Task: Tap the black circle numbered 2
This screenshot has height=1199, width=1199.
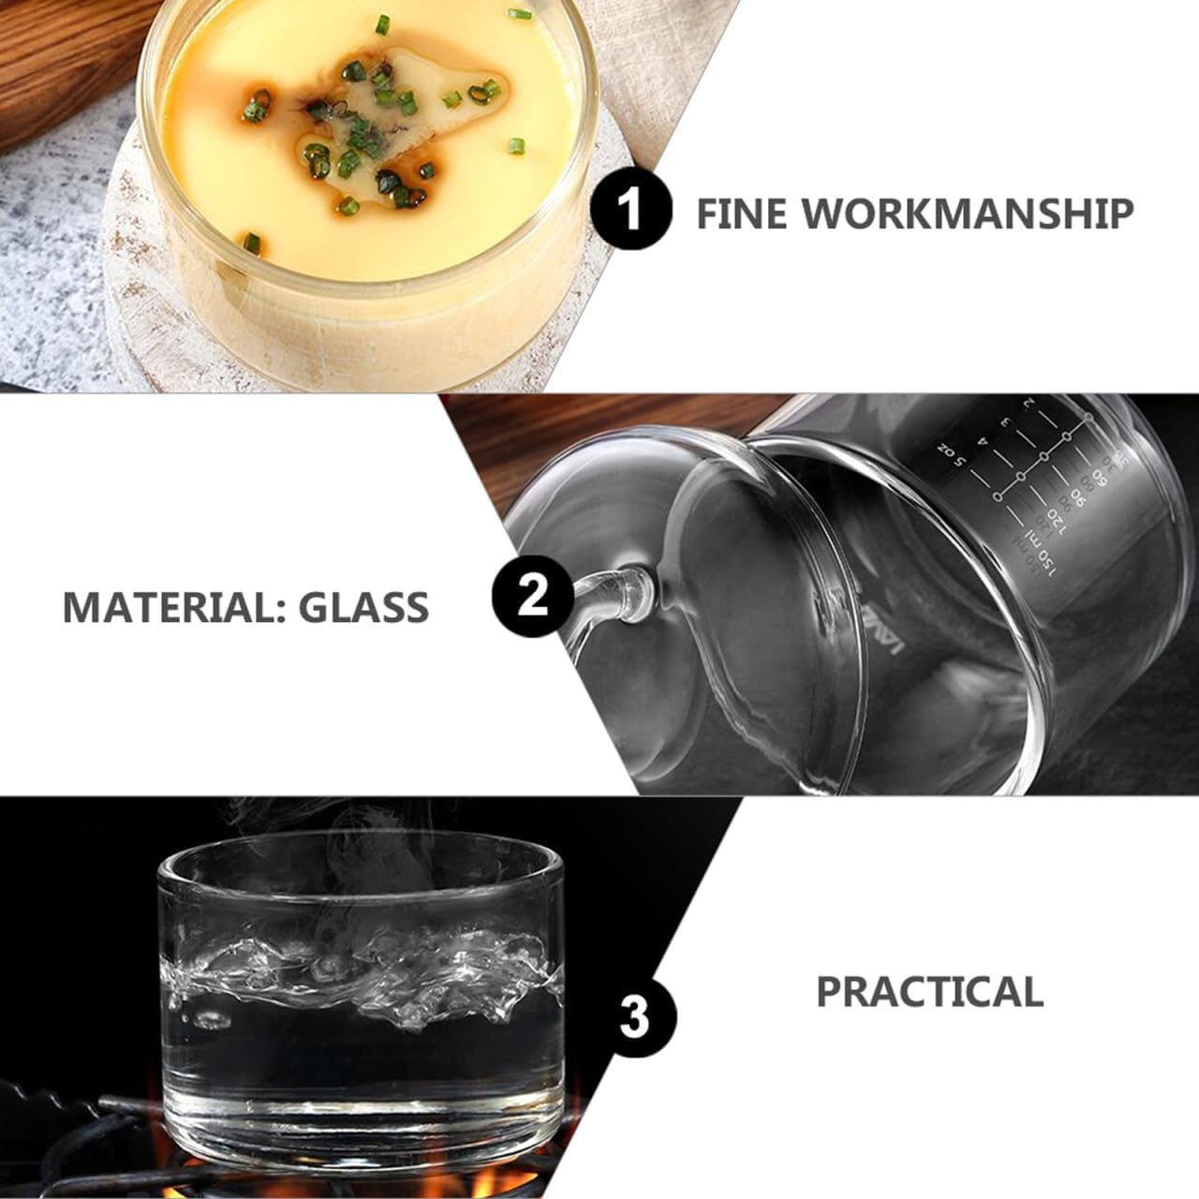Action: (532, 596)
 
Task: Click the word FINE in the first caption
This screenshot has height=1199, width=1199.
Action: (738, 214)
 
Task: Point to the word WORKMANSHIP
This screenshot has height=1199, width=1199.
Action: (969, 214)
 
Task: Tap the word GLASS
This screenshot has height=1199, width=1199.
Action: (364, 607)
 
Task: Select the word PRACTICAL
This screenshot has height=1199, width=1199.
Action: (930, 991)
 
